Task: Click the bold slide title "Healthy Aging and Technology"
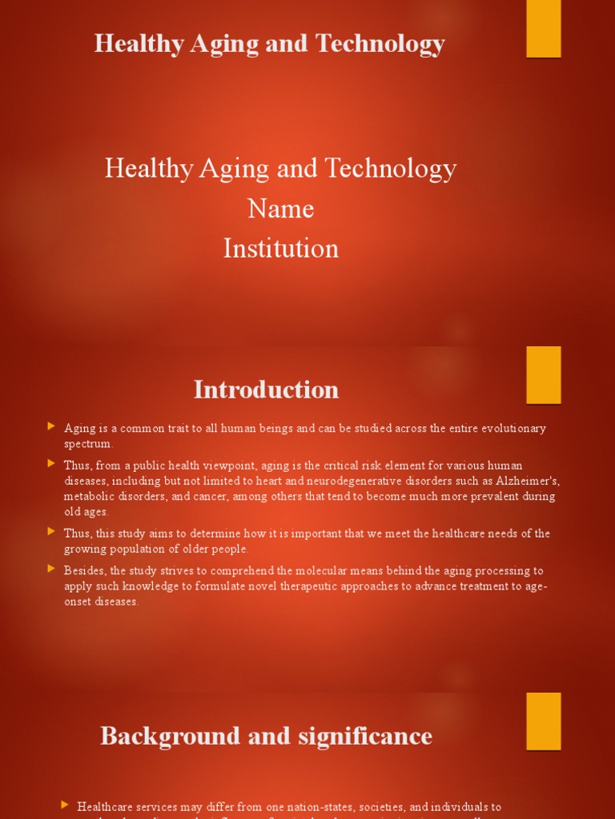(269, 43)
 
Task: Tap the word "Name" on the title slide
(280, 209)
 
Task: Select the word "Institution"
(280, 248)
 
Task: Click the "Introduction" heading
(266, 390)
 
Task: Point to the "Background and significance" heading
(266, 736)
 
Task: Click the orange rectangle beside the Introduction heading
(543, 374)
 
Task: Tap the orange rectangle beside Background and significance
(543, 721)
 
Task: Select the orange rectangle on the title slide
(543, 28)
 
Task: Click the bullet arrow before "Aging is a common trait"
(51, 426)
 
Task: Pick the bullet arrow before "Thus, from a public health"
(51, 463)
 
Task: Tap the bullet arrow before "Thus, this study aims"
(51, 531)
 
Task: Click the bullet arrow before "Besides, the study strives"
(51, 569)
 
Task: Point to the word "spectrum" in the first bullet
(88, 444)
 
